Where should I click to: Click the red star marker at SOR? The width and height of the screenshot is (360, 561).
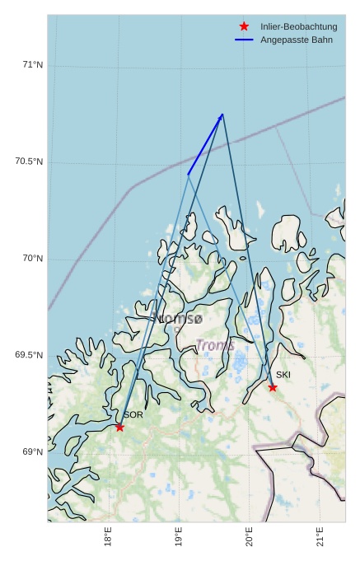[x=119, y=427]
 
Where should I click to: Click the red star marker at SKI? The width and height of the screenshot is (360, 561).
[x=273, y=387]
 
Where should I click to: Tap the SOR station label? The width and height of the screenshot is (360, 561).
[x=133, y=415]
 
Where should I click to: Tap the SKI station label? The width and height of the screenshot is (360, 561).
[x=283, y=375]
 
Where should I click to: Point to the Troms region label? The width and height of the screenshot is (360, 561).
[x=215, y=346]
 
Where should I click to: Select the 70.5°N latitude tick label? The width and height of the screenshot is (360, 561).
[x=29, y=161]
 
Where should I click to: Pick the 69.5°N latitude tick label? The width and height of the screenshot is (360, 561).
[x=29, y=355]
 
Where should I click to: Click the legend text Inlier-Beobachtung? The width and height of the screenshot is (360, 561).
[x=298, y=27]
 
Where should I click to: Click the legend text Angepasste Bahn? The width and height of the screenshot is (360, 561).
[x=296, y=40]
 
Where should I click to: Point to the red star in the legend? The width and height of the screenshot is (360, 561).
[x=244, y=26]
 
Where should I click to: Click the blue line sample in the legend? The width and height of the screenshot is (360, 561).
[x=244, y=40]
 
